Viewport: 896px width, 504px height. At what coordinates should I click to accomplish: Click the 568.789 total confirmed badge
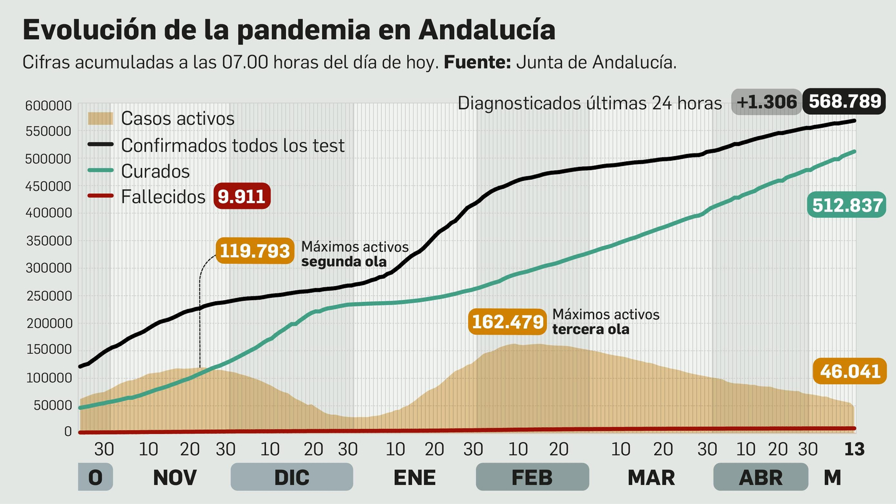point(844,101)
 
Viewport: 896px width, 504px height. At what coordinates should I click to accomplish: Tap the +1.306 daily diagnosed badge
point(766,102)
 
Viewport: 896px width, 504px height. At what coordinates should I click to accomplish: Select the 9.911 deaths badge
point(242,197)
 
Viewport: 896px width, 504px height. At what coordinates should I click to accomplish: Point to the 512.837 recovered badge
point(847,206)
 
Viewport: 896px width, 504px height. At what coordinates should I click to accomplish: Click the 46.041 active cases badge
point(850,371)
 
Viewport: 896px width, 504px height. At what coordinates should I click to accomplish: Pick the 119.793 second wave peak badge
point(255,251)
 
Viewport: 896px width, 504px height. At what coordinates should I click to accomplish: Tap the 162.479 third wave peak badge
point(507,322)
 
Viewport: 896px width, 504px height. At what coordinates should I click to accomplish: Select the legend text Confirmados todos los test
point(232,146)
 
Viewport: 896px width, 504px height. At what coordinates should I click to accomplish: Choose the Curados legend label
point(155,171)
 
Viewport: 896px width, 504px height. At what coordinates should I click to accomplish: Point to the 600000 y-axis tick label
point(48,106)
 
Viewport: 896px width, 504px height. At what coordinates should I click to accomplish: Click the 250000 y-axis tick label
point(48,296)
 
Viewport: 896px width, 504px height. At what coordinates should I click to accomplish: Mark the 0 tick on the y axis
point(68,432)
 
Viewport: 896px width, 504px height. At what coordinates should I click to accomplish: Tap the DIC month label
point(292,478)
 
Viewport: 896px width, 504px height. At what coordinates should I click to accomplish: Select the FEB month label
point(532,478)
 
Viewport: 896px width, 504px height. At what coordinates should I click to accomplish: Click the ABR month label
point(760,478)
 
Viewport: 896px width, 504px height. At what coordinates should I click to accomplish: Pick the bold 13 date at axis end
point(855,449)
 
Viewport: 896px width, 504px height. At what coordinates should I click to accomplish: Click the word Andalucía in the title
point(487,30)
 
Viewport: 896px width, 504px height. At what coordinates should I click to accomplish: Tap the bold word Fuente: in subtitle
point(477,62)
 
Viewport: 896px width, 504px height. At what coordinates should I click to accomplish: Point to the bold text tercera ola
point(591,329)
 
